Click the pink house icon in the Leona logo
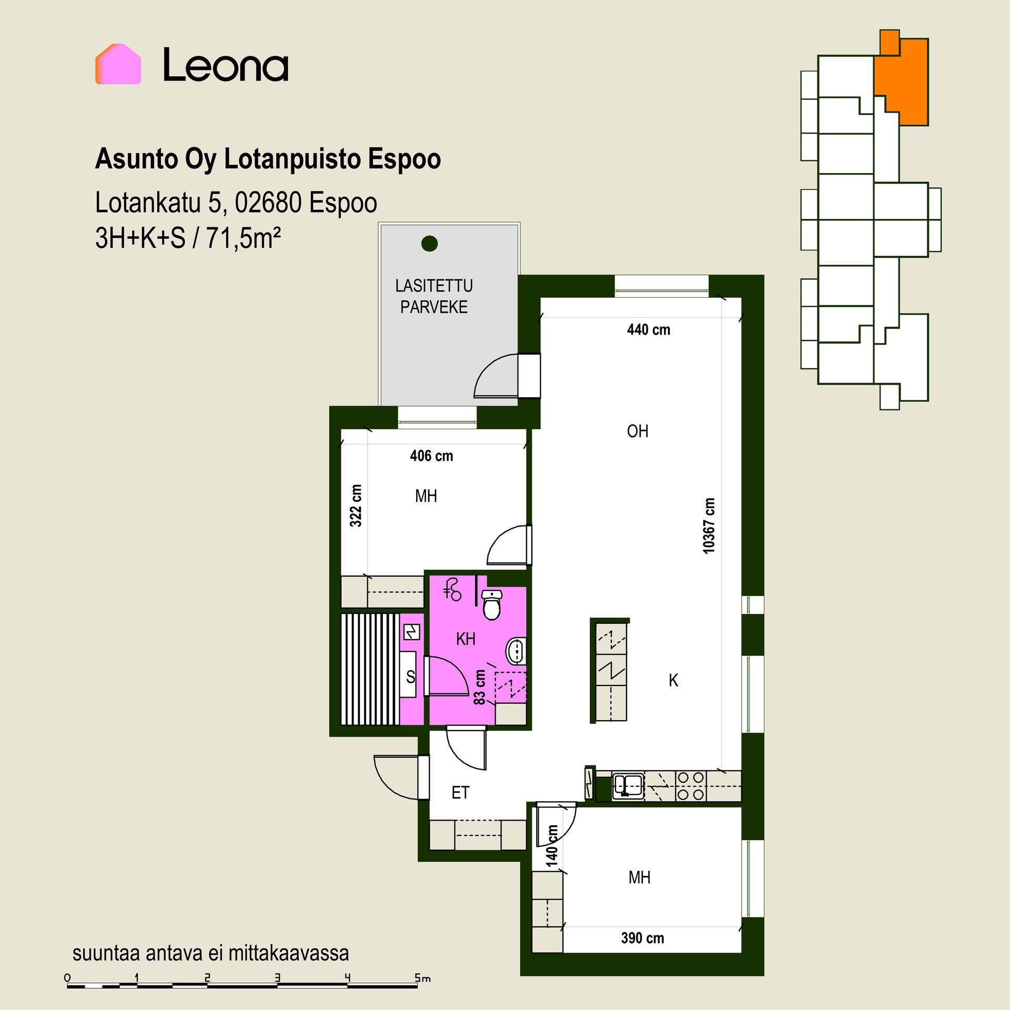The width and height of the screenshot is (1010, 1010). [118, 64]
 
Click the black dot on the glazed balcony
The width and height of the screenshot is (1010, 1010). [430, 243]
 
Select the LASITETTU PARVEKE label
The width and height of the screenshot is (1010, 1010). [434, 296]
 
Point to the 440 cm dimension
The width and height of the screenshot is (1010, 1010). [649, 330]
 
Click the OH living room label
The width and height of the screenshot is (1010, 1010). [638, 431]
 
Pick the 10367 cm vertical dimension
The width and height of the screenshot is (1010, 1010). [709, 525]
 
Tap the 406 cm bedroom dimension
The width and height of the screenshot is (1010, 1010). [431, 456]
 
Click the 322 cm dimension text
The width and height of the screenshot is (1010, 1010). [356, 506]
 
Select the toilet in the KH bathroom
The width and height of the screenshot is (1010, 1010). [492, 604]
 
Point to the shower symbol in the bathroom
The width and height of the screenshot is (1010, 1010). [452, 589]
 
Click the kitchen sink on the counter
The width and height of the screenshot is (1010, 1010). [628, 786]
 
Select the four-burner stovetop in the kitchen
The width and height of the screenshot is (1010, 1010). [690, 786]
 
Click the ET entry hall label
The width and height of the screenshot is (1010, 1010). [460, 793]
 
